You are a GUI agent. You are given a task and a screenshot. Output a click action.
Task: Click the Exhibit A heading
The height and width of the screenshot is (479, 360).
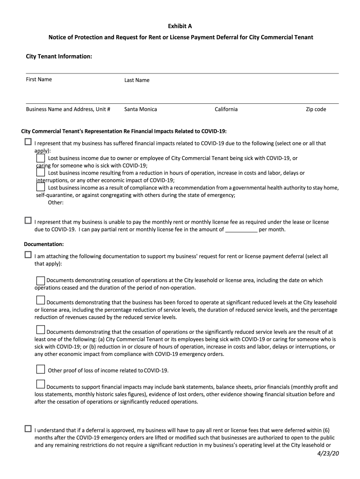tap(180, 26)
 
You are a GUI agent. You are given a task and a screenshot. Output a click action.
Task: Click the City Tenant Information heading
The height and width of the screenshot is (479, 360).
tap(59, 57)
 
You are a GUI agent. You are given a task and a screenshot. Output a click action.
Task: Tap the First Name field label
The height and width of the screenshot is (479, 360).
tap(39, 80)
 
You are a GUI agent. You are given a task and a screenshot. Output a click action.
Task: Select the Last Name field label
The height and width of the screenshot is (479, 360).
tap(137, 80)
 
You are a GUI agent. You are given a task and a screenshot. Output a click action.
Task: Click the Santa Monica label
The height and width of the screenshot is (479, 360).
tap(141, 109)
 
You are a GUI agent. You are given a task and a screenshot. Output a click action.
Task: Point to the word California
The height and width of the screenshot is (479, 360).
tap(226, 109)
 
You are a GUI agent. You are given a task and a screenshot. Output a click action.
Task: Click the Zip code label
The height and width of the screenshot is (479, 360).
tap(316, 109)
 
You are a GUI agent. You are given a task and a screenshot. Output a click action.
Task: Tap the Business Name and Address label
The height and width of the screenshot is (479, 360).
tap(68, 109)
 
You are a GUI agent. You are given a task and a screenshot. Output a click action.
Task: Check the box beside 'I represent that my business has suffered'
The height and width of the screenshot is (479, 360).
tap(28, 142)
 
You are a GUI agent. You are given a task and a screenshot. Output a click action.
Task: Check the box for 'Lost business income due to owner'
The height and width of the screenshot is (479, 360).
tap(41, 159)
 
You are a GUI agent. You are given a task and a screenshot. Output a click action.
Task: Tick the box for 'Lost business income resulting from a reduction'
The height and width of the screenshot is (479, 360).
tap(41, 173)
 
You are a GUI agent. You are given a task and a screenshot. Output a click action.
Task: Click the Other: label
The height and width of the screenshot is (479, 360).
tap(56, 203)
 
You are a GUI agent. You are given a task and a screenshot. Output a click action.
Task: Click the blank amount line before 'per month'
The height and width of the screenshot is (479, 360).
tap(241, 230)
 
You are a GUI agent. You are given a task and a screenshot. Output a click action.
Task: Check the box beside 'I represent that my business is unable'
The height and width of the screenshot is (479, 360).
tap(28, 220)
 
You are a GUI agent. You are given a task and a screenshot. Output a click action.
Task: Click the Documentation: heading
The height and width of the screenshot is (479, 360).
tap(44, 244)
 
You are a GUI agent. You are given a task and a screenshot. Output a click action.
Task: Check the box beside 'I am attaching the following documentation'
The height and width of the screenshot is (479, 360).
tap(28, 255)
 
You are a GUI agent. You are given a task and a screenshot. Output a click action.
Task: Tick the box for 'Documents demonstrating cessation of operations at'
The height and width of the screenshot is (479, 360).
tap(41, 281)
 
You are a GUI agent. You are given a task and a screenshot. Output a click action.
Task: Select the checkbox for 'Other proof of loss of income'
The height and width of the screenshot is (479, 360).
tap(41, 370)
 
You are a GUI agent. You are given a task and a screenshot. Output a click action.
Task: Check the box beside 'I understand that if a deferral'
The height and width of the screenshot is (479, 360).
tap(28, 428)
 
